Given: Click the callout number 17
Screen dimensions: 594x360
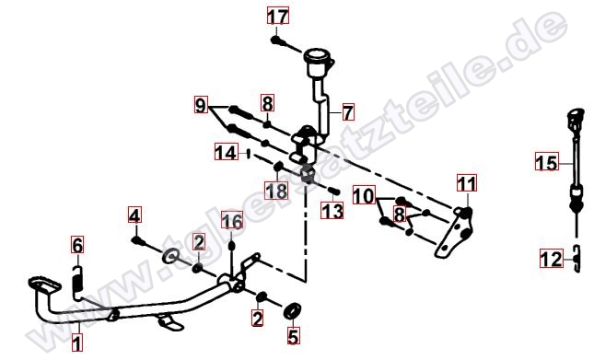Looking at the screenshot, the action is pyautogui.click(x=278, y=17).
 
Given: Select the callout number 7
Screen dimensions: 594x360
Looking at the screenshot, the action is pyautogui.click(x=348, y=112).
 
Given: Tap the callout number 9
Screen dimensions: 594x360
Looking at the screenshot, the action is pyautogui.click(x=201, y=105).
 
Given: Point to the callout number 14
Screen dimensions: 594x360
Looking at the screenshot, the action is pyautogui.click(x=227, y=153).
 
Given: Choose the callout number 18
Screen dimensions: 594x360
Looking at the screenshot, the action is pyautogui.click(x=276, y=190).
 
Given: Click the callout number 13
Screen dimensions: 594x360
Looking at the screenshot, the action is pyautogui.click(x=332, y=211).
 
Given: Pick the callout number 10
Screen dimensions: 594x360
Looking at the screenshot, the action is pyautogui.click(x=364, y=195).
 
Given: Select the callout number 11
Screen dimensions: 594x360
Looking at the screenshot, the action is pyautogui.click(x=467, y=183).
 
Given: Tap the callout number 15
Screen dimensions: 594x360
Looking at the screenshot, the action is pyautogui.click(x=547, y=163).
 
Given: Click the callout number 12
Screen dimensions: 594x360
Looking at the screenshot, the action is pyautogui.click(x=552, y=260).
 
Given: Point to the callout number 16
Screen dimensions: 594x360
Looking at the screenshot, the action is pyautogui.click(x=232, y=221).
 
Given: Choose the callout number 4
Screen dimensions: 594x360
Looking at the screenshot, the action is pyautogui.click(x=134, y=215).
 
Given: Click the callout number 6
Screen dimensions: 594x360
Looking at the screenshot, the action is pyautogui.click(x=77, y=245).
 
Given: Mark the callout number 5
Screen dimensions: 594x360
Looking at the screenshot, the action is pyautogui.click(x=294, y=336).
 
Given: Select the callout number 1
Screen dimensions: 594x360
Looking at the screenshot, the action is pyautogui.click(x=77, y=343).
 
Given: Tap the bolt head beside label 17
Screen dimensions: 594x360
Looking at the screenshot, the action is pyautogui.click(x=275, y=40).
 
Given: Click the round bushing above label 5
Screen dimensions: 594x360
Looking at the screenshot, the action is pyautogui.click(x=293, y=310).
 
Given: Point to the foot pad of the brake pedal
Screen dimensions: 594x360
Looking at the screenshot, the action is pyautogui.click(x=44, y=285).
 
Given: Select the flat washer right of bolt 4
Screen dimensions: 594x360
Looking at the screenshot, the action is pyautogui.click(x=171, y=256).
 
